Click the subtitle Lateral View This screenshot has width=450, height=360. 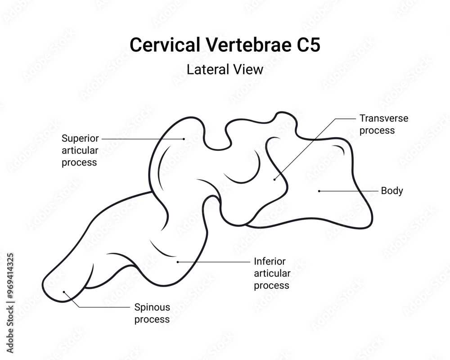[x=225, y=70]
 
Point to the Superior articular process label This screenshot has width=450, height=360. [x=80, y=150]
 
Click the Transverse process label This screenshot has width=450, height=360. [x=384, y=124]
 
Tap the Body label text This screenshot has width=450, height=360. [x=392, y=191]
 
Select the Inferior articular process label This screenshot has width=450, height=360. [x=272, y=273]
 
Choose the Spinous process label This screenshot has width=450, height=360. [x=152, y=313]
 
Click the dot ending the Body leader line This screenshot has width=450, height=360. [x=319, y=191]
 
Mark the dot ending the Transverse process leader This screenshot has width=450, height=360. [x=274, y=179]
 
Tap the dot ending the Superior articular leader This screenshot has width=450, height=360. [x=184, y=139]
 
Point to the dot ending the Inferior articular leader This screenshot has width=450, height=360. [x=178, y=261]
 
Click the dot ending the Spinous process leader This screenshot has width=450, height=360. [x=64, y=292]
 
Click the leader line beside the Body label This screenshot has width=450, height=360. [x=349, y=191]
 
